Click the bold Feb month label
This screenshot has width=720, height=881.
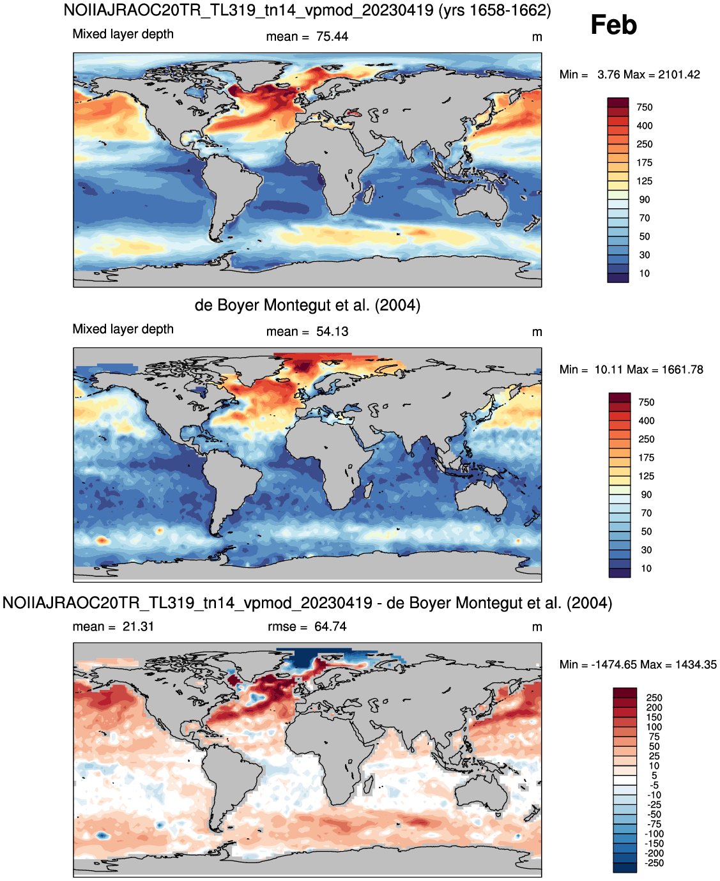pos(613,25)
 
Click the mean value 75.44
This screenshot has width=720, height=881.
pos(332,37)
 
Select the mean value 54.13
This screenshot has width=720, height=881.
pos(332,332)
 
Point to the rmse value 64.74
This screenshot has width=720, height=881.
pos(330,627)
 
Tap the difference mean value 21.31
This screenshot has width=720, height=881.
pos(138,627)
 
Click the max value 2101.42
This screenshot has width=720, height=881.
pos(679,75)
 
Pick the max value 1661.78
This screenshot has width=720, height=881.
pos(682,370)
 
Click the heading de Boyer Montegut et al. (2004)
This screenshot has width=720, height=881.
pos(307,305)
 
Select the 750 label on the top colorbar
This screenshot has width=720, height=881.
pos(645,107)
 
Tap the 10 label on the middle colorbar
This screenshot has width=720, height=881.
pos(646,569)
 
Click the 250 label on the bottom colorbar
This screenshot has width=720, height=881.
pos(654,698)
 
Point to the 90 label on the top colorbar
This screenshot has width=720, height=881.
pos(645,200)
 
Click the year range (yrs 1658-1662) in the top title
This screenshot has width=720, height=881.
pos(494,10)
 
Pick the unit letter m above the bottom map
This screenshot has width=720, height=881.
pos(537,627)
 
